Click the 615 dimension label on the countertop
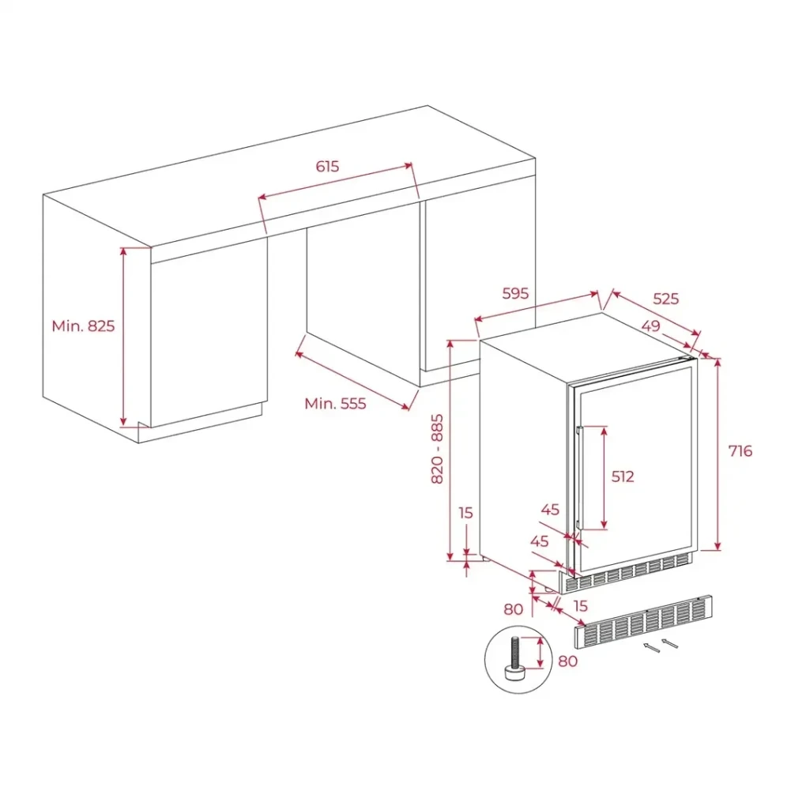(x=327, y=167)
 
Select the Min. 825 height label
(x=83, y=326)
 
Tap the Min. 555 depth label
(x=335, y=404)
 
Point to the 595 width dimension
(x=515, y=293)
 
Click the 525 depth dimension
(x=665, y=299)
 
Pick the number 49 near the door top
(x=651, y=326)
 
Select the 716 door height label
(x=740, y=450)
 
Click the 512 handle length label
(x=623, y=476)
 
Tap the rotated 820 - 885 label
(x=437, y=450)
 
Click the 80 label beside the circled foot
(x=567, y=661)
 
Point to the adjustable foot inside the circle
(x=514, y=659)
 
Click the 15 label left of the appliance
(x=465, y=513)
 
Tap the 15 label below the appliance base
(x=580, y=606)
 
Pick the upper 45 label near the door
(x=550, y=510)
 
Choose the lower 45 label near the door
(x=539, y=541)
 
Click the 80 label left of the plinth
(x=514, y=609)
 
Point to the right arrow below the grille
(x=670, y=643)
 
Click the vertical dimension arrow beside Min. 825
(x=123, y=337)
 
